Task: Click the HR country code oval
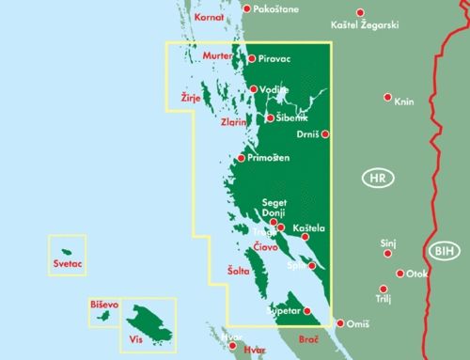(377, 178)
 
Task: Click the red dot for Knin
(387, 97)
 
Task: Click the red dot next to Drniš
(326, 134)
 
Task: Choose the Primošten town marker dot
(241, 158)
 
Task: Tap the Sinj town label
(388, 243)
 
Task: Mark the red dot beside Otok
(400, 274)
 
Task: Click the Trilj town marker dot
(383, 289)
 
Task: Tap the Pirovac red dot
(251, 58)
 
